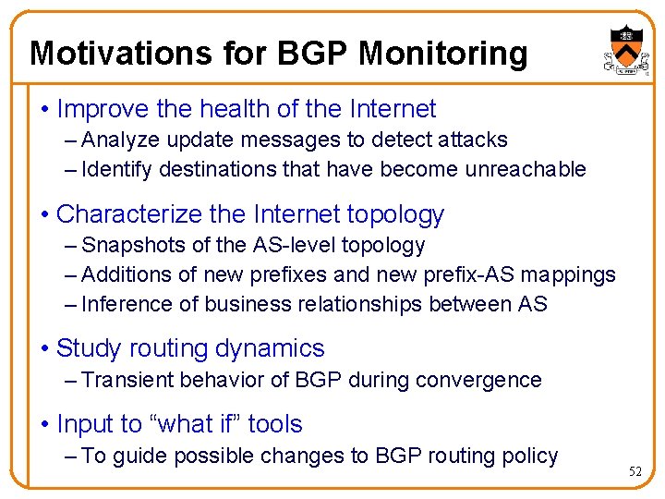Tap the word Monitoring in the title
coord(442,53)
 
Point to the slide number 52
coord(635,471)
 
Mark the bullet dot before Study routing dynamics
coord(45,349)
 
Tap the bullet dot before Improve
coord(45,110)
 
